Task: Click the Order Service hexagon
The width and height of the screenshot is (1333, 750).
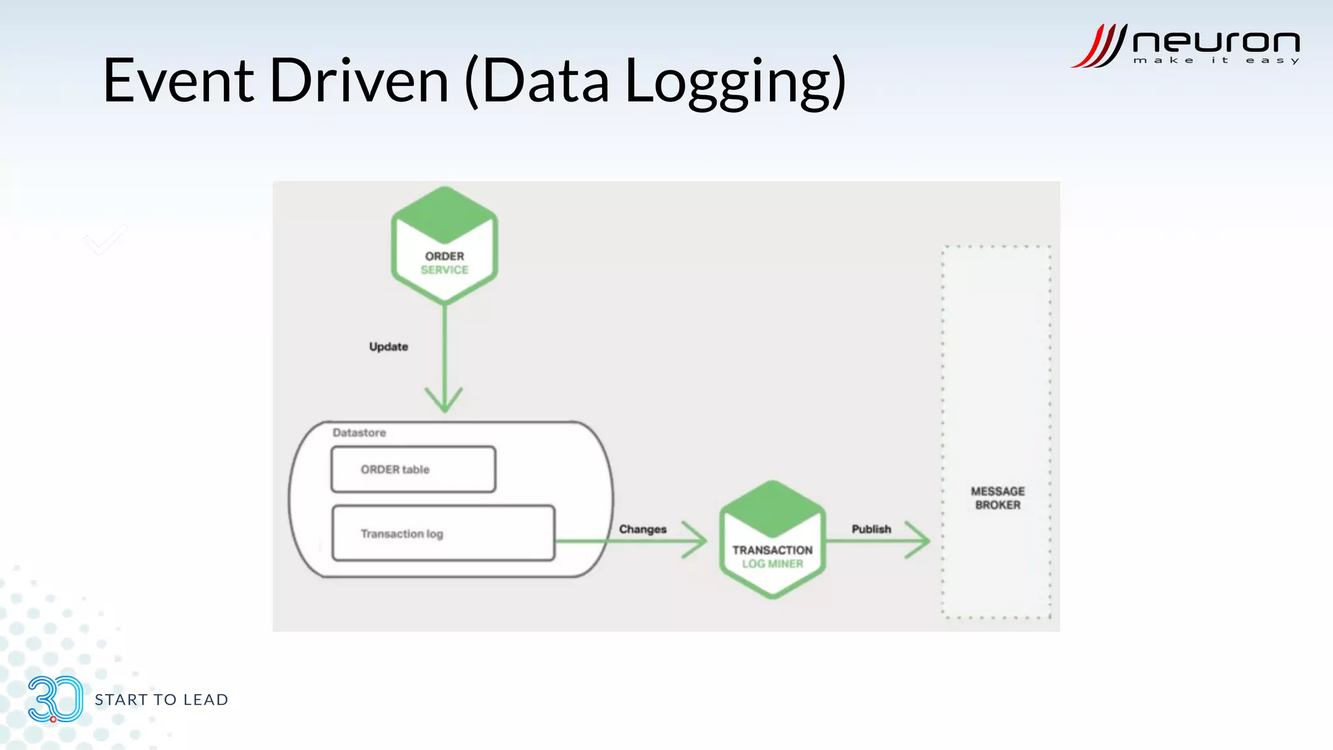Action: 445,246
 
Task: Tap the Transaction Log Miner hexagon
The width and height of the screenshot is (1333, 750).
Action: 772,540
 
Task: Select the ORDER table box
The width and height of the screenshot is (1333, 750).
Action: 413,469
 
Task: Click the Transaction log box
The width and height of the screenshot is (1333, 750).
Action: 443,533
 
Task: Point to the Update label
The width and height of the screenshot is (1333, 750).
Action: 389,347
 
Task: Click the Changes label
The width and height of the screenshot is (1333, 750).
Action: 642,529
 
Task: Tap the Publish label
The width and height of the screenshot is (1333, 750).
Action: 871,529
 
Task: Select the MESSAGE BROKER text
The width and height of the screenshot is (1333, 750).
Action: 997,498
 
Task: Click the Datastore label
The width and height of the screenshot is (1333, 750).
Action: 359,433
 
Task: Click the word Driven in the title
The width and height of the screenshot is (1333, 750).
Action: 359,81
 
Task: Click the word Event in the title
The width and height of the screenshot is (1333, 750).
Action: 178,81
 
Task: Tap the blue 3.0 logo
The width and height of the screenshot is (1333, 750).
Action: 55,699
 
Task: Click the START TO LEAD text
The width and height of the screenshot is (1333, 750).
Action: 161,700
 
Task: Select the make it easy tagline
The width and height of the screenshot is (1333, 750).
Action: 1216,61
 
